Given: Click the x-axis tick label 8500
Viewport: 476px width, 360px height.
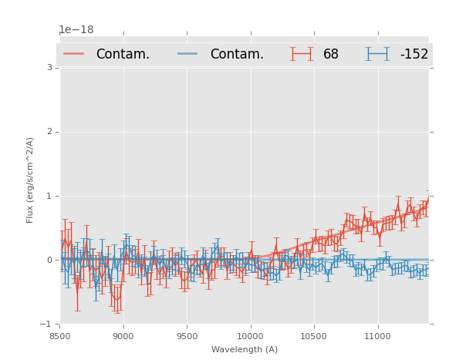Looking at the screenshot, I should pyautogui.click(x=59, y=337).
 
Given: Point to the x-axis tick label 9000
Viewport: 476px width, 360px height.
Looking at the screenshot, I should pyautogui.click(x=123, y=337).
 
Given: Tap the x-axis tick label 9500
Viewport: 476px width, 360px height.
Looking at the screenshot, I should pyautogui.click(x=186, y=337).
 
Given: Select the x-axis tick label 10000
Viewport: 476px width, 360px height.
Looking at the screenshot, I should pyautogui.click(x=250, y=337).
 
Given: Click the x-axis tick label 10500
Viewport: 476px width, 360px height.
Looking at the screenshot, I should pyautogui.click(x=313, y=337).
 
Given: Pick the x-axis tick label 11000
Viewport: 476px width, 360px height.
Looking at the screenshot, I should pyautogui.click(x=376, y=337).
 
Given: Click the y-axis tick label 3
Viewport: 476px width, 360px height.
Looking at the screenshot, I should pyautogui.click(x=49, y=68).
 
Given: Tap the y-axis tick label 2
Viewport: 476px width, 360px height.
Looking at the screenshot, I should pyautogui.click(x=49, y=132).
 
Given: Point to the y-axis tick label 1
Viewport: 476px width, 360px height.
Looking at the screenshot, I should pyautogui.click(x=49, y=196).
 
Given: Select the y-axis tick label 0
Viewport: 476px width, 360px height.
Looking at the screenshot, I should pyautogui.click(x=49, y=260).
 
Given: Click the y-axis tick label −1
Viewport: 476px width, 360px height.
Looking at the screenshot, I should pyautogui.click(x=47, y=324).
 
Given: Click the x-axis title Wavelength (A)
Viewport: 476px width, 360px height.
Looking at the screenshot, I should pyautogui.click(x=245, y=350).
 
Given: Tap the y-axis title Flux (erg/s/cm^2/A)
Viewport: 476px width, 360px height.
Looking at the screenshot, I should pyautogui.click(x=31, y=180).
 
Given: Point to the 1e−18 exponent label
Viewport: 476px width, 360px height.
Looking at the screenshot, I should pyautogui.click(x=76, y=30).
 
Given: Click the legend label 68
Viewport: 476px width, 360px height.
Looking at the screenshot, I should pyautogui.click(x=331, y=54).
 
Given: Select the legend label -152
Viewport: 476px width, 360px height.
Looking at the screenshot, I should pyautogui.click(x=414, y=54).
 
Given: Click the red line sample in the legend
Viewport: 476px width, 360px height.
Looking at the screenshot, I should pyautogui.click(x=74, y=53).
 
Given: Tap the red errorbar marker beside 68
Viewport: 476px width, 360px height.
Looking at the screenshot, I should pyautogui.click(x=301, y=53).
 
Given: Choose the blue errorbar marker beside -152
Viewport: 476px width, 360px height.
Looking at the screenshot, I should pyautogui.click(x=377, y=53).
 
